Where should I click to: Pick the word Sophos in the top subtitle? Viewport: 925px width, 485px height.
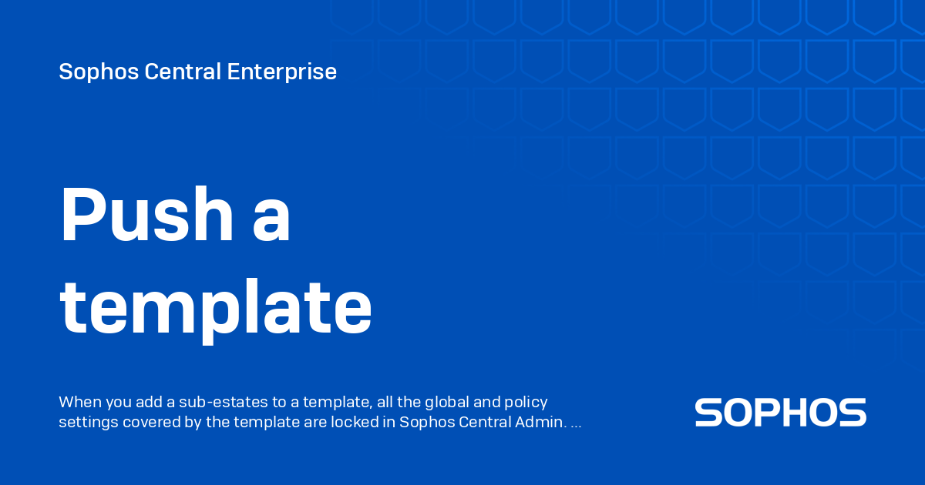pyautogui.click(x=88, y=72)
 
